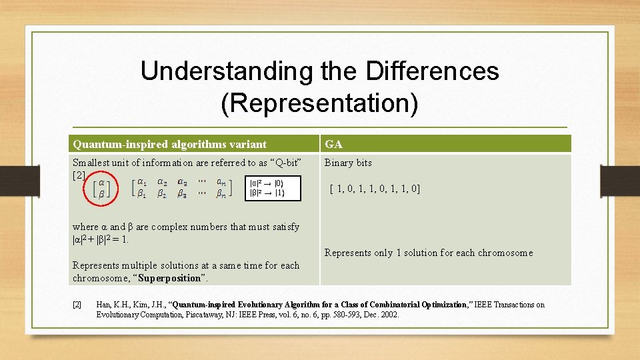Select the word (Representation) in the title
click(x=319, y=103)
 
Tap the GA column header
click(x=333, y=144)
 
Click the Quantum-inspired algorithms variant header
click(x=169, y=144)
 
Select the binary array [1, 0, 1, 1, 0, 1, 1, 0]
click(x=375, y=189)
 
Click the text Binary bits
click(x=348, y=163)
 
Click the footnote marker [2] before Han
click(x=77, y=305)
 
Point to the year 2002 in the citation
click(x=389, y=315)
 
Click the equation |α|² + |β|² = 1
click(x=100, y=239)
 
